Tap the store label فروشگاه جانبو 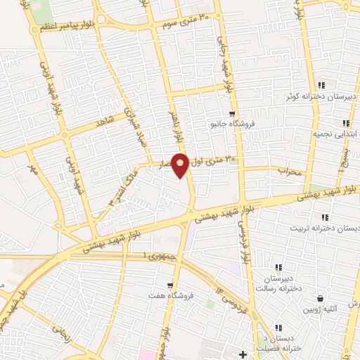pos(233,124)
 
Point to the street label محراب pos(288,170)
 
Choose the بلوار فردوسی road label pos(243,239)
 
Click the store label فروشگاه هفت pos(166,295)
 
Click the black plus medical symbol pos(243,353)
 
